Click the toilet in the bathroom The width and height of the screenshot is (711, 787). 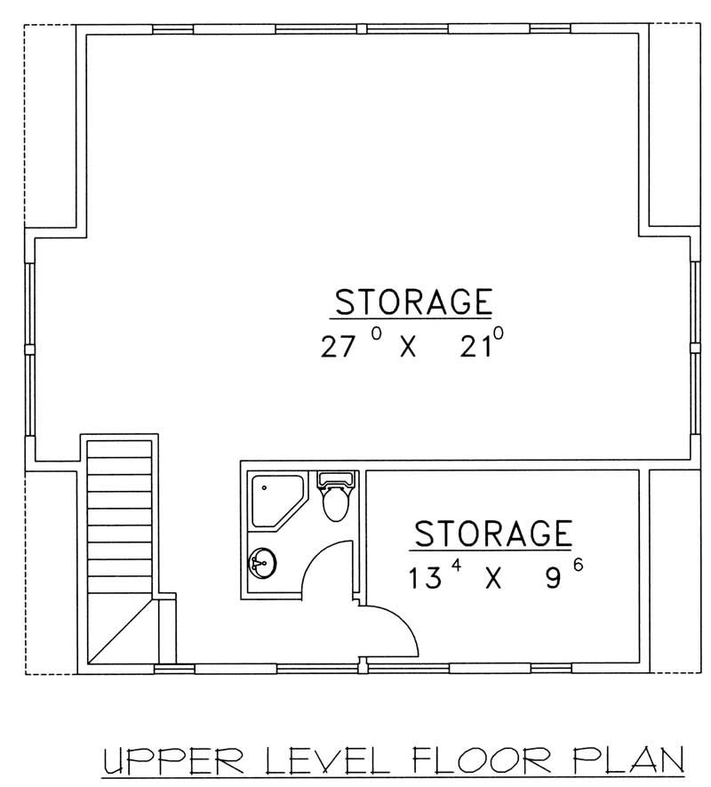pos(336,499)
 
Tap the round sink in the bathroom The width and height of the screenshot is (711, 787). pos(265,562)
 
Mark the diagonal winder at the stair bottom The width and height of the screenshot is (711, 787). pos(121,633)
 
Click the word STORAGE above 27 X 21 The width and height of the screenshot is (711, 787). pos(412,301)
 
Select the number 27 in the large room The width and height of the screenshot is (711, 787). pos(338,347)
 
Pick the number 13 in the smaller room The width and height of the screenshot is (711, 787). pos(425,579)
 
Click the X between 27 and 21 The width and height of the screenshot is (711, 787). pos(407,347)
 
